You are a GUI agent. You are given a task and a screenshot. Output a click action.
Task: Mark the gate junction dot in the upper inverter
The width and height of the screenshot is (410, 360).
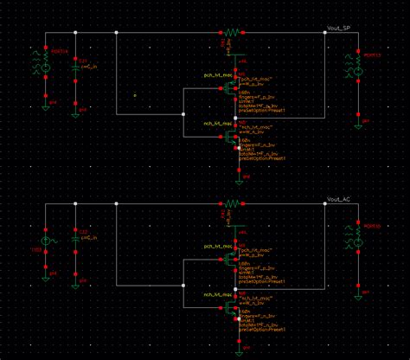183,112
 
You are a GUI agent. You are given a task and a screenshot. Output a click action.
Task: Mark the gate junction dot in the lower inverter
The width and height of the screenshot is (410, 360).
183,283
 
